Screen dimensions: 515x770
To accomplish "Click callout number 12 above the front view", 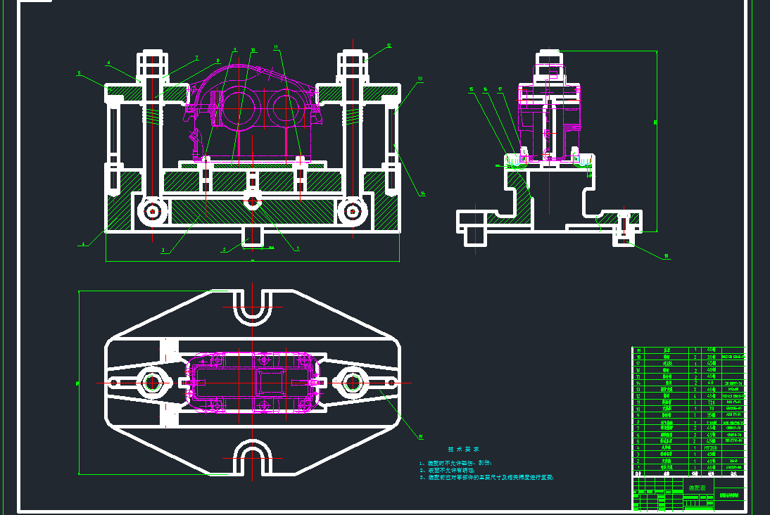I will [388, 46].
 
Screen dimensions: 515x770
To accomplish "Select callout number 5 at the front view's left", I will [79, 72].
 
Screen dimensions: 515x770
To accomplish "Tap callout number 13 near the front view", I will [419, 78].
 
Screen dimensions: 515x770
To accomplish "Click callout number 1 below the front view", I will [297, 248].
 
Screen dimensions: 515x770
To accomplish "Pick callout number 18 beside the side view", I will [666, 257].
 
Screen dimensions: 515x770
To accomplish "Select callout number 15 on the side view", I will [471, 89].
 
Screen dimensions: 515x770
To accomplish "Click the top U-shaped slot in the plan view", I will [252, 307].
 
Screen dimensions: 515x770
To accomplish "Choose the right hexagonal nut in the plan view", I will [351, 382].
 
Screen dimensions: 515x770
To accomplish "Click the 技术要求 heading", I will [463, 449].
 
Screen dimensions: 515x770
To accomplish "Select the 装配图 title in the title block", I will [697, 488].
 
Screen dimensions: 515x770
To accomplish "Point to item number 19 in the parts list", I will [640, 350].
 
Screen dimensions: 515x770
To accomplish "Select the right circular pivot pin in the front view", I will [351, 210].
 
